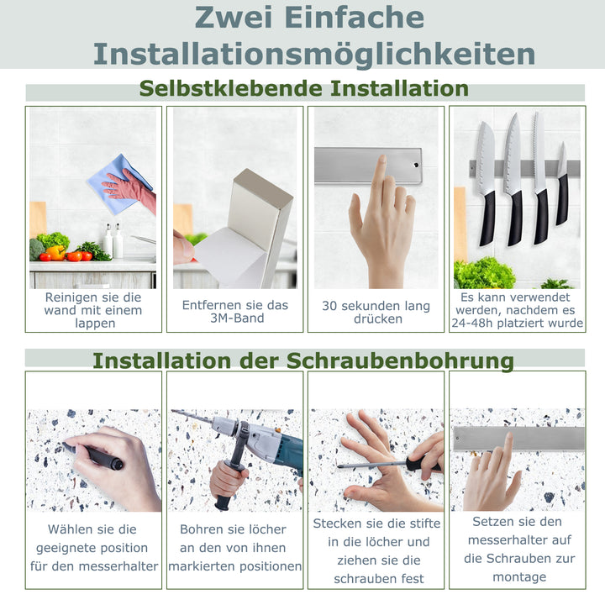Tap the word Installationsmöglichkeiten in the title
314,54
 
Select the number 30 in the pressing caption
331,306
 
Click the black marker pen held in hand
98,456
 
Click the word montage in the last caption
519,576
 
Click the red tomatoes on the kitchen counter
76,255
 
